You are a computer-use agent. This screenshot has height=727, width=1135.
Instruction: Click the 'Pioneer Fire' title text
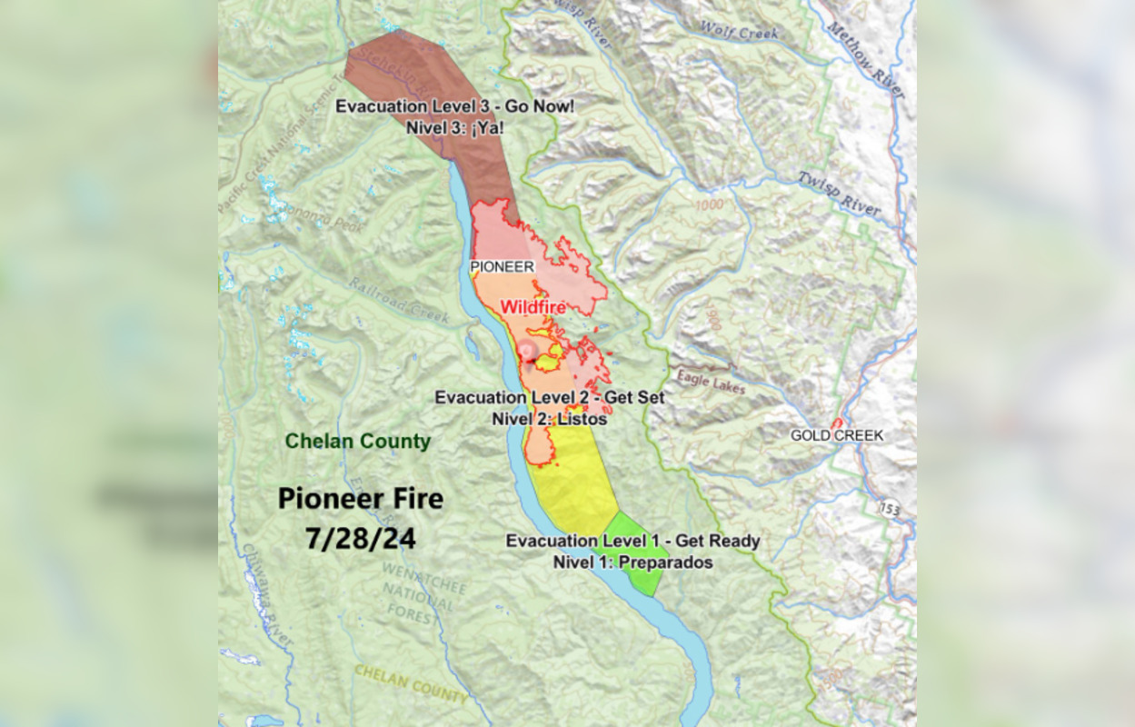point(360,499)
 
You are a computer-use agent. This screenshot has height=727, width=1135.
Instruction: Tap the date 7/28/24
point(360,538)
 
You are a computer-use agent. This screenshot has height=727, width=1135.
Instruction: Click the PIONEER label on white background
point(502,267)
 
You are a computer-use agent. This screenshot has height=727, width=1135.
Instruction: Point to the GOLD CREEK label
point(836,435)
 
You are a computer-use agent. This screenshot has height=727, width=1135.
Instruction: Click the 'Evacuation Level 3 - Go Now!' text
point(454,106)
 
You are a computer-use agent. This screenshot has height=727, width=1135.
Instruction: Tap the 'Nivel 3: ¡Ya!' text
point(454,127)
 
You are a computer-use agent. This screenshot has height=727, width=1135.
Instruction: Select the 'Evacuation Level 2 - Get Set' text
point(549,398)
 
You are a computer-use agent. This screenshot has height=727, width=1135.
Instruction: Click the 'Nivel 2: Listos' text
point(549,419)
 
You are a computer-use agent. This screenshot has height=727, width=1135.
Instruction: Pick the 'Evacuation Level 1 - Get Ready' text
point(632,542)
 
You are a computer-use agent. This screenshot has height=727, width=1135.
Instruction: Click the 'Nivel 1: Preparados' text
point(632,563)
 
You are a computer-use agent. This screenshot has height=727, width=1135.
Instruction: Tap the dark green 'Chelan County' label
point(357,442)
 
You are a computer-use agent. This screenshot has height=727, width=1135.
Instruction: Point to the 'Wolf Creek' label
point(740,33)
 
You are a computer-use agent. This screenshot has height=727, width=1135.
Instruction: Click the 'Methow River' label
point(866,56)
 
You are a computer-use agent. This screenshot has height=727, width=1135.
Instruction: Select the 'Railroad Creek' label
point(399,300)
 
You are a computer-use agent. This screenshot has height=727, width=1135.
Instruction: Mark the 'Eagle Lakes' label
point(710,381)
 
